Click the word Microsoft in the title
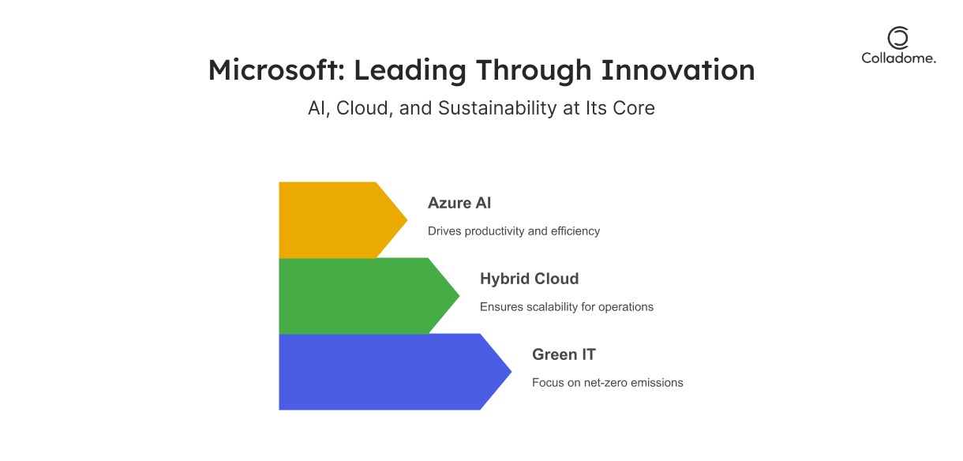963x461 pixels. (x=276, y=69)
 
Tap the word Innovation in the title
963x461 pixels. (x=677, y=69)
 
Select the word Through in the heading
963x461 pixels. (x=533, y=71)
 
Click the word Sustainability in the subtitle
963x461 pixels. (x=497, y=108)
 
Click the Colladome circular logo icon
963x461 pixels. (x=898, y=38)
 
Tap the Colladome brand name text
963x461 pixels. (x=898, y=58)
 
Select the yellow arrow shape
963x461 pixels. (x=343, y=220)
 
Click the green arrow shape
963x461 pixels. (x=369, y=296)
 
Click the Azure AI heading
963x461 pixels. (x=459, y=203)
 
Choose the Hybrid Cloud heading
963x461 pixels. (x=529, y=279)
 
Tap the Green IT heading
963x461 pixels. (x=564, y=354)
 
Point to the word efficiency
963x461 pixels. (x=575, y=231)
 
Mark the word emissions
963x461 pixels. (x=656, y=383)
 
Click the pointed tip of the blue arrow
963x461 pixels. (x=511, y=372)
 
